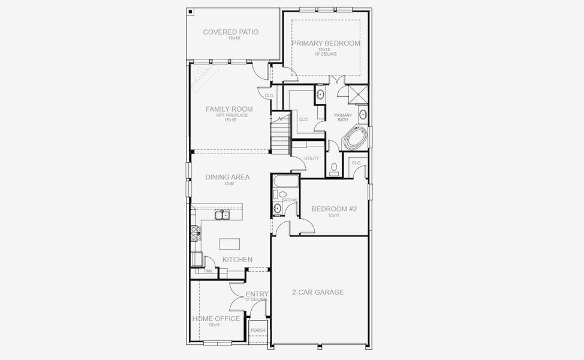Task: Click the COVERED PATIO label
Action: pyautogui.click(x=231, y=32)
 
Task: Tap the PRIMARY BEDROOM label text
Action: pyautogui.click(x=326, y=44)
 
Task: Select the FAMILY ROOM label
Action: pyautogui.click(x=229, y=109)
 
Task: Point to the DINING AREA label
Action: pyautogui.click(x=227, y=177)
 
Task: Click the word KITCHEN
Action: pyautogui.click(x=237, y=259)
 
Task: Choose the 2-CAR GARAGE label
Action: pyautogui.click(x=318, y=292)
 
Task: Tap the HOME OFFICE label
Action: pyautogui.click(x=216, y=319)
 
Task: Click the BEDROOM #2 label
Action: pyautogui.click(x=334, y=209)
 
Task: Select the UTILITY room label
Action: pyautogui.click(x=312, y=158)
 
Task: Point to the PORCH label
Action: pyautogui.click(x=258, y=331)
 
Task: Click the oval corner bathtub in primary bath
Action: pyautogui.click(x=354, y=138)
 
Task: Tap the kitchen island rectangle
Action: pyautogui.click(x=230, y=243)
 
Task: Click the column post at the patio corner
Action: pyautogui.click(x=190, y=11)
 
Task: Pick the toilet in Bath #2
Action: pyautogui.click(x=281, y=194)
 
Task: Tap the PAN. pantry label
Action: pyautogui.click(x=208, y=271)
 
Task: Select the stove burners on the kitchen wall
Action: pyautogui.click(x=194, y=233)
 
